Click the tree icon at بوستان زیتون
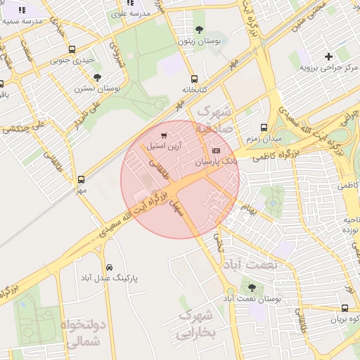[x=199, y=30]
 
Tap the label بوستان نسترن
[x=98, y=89]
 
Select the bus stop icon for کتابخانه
[x=194, y=79]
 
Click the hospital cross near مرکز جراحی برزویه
[x=328, y=56]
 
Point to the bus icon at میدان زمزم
[x=264, y=128]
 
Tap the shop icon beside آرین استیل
[x=164, y=136]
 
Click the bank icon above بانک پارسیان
[x=215, y=150]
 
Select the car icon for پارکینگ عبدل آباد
[x=109, y=267]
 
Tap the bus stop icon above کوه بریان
[x=345, y=308]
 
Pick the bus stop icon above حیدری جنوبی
[x=72, y=49]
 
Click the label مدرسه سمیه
[x=22, y=21]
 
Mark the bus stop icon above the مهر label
[x=81, y=179]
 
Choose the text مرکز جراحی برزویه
[x=330, y=67]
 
